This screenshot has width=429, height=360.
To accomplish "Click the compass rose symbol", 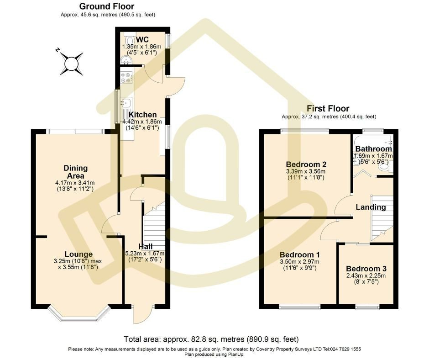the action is click(71, 64).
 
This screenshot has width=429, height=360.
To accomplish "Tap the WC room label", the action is click(142, 39).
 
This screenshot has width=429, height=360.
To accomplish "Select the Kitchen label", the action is click(142, 115).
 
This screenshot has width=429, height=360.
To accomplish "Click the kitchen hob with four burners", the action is click(126, 77).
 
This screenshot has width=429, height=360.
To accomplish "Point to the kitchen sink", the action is click(126, 103).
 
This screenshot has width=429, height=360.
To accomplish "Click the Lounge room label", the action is click(78, 254).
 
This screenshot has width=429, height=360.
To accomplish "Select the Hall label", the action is click(145, 246).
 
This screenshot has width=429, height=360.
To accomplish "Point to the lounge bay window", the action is click(79, 312).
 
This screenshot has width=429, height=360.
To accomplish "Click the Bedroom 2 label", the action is click(306, 164).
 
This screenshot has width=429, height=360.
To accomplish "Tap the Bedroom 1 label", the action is click(299, 255).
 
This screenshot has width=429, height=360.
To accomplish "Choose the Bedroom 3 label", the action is click(366, 269).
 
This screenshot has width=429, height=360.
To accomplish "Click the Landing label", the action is click(371, 207).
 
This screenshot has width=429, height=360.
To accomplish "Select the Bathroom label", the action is click(373, 149).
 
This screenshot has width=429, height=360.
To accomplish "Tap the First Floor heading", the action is click(328, 108).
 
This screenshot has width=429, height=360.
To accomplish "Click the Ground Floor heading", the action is click(107, 6).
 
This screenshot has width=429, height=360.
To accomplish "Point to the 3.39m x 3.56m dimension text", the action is click(306, 171).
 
